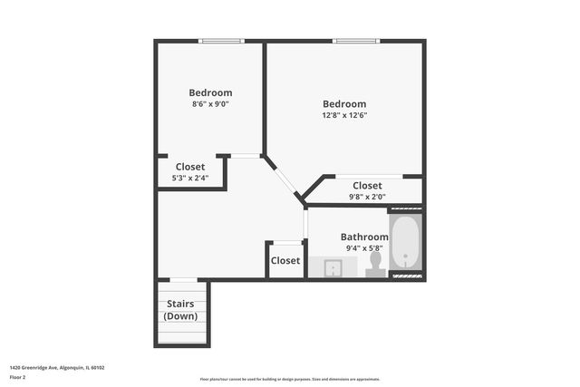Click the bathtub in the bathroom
(405, 243)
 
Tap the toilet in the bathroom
(375, 263)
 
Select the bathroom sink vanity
(333, 267)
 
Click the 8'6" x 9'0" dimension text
(210, 104)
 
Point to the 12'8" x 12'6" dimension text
(344, 115)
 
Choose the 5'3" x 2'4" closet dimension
(190, 178)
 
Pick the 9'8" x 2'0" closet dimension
(367, 197)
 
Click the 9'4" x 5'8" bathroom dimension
(364, 248)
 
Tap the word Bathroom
(364, 237)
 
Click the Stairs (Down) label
(181, 310)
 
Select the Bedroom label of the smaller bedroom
(210, 92)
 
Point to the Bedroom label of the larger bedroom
(344, 103)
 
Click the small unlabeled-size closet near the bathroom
(285, 260)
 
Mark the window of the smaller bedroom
(221, 40)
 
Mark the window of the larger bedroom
(355, 40)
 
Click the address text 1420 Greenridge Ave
(57, 367)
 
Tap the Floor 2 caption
(19, 379)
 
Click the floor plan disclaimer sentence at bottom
(290, 379)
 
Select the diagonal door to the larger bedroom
(284, 176)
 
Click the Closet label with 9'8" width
(367, 186)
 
